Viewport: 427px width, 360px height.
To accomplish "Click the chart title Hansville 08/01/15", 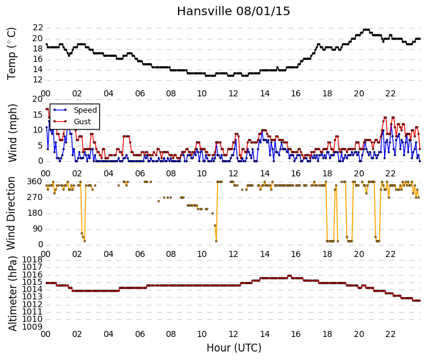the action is point(233,12).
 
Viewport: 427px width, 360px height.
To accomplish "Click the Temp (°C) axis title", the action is point(12,54).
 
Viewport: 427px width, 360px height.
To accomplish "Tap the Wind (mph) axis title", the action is point(12,133).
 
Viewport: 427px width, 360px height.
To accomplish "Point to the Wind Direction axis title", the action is point(11,213).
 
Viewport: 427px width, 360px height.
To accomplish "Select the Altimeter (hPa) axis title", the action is point(12,294).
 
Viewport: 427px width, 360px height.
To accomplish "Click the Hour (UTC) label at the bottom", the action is point(234,348).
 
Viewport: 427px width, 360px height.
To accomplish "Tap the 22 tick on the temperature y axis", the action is point(38,28).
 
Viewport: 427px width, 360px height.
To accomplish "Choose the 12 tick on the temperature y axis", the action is point(38,80).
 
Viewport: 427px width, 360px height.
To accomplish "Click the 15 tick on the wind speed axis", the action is point(38,115).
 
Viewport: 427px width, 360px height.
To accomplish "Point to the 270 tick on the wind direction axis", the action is point(35,198).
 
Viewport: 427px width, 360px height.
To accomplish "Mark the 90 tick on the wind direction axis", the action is point(38,229).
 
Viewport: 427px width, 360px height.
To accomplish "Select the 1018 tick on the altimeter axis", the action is point(33,260).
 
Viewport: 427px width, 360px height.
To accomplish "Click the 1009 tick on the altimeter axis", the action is point(33,327).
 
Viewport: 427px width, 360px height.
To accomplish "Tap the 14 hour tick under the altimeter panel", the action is point(265,334).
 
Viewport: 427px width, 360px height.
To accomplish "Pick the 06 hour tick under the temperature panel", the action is point(140,93).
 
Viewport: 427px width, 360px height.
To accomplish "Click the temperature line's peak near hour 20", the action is point(366,30).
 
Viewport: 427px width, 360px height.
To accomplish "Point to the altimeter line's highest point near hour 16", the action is point(289,276).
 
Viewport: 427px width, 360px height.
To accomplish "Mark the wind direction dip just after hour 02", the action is point(84,241).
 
